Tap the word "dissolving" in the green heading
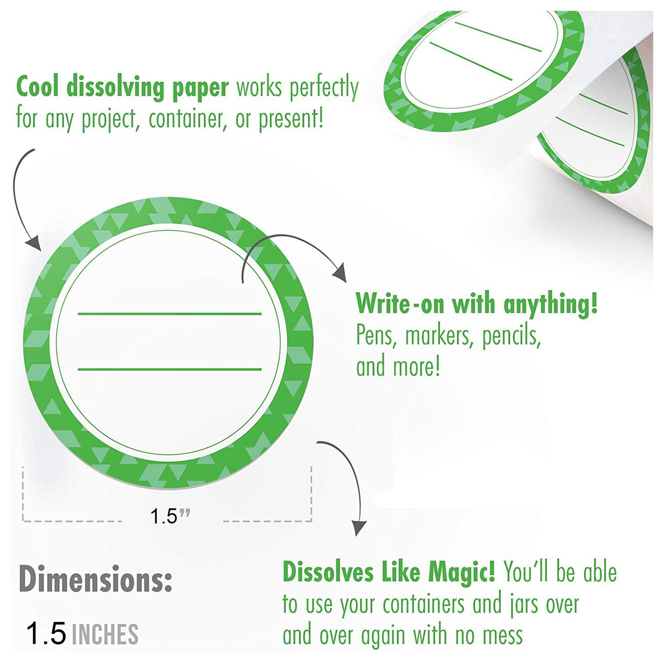click(x=115, y=87)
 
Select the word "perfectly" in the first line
click(x=324, y=88)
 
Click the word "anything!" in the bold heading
click(x=550, y=304)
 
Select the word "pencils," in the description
click(x=512, y=335)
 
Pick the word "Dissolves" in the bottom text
click(x=328, y=572)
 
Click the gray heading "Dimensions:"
click(x=95, y=579)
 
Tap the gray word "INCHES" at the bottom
click(x=105, y=634)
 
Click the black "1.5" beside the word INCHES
click(x=46, y=633)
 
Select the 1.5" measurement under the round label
click(x=170, y=516)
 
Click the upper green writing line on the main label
click(x=170, y=314)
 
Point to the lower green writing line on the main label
click(x=170, y=369)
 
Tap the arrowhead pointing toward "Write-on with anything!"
click(x=340, y=272)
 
